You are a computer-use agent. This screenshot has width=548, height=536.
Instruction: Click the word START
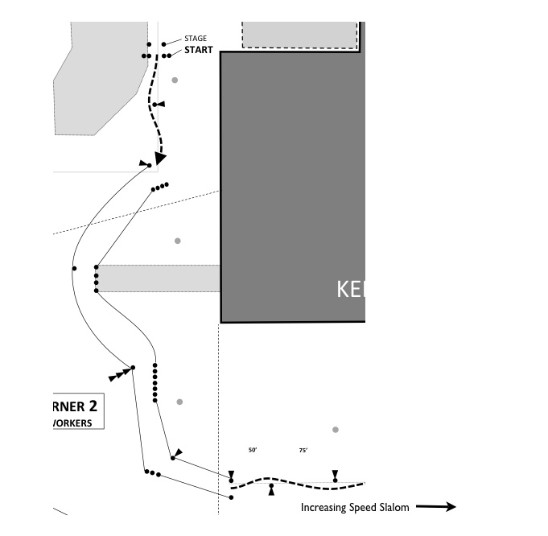[x=199, y=50]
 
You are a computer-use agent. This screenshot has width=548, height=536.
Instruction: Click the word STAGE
[x=196, y=39]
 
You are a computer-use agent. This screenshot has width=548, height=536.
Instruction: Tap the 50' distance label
[x=252, y=451]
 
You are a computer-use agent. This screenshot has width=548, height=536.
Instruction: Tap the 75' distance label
[x=303, y=451]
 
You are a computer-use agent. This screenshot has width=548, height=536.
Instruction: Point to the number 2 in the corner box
[x=93, y=406]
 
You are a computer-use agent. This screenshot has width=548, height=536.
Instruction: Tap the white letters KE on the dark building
[x=350, y=290]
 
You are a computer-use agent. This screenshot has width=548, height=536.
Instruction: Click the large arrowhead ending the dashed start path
[x=161, y=158]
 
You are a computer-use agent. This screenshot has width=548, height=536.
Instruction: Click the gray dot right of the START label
[x=175, y=80]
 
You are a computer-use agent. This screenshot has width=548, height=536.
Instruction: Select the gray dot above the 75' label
[x=336, y=430]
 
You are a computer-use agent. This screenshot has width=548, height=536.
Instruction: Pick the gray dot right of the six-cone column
[x=179, y=402]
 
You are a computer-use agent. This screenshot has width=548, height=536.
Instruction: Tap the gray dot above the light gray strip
[x=178, y=241]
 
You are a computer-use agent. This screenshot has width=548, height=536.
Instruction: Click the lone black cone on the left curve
[x=74, y=268]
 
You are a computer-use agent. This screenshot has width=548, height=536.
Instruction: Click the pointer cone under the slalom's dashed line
[x=271, y=488]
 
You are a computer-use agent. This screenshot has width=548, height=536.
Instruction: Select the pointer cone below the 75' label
[x=336, y=476]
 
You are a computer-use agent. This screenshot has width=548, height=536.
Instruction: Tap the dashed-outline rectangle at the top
[x=299, y=35]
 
